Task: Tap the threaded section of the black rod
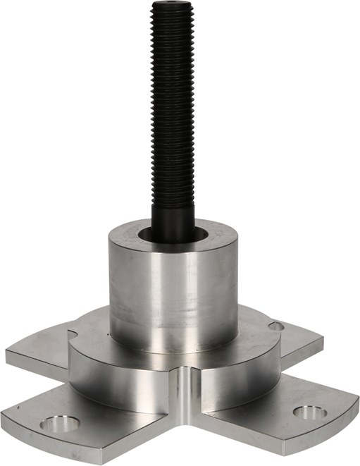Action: click(x=173, y=106)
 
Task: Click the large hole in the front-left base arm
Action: click(x=59, y=424)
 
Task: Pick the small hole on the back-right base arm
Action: click(x=276, y=326)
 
